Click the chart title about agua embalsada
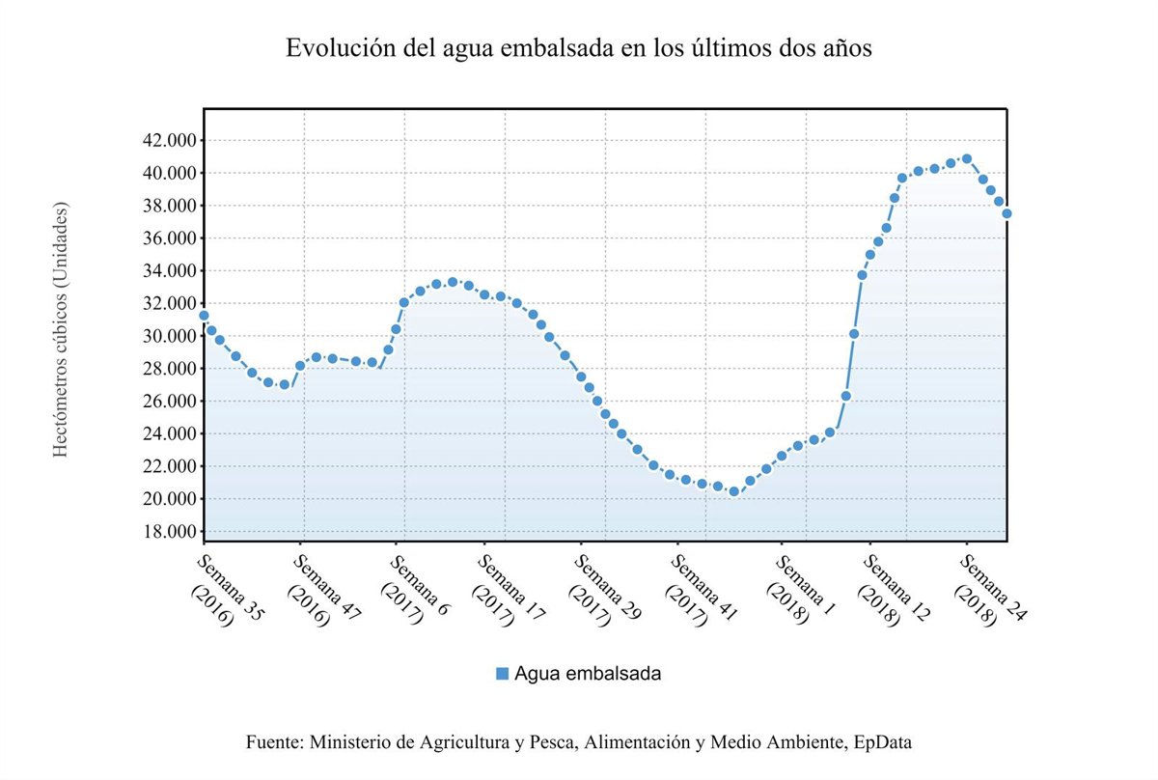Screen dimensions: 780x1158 [579, 49]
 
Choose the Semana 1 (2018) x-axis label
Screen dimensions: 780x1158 [797, 589]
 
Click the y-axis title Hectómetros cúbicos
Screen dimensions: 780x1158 [61, 330]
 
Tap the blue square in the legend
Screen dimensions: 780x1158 [502, 674]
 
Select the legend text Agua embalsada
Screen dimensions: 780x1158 [588, 674]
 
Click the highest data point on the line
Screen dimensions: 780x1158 [967, 159]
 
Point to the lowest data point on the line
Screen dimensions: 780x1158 [733, 491]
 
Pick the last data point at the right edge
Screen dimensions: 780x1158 [1006, 213]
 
